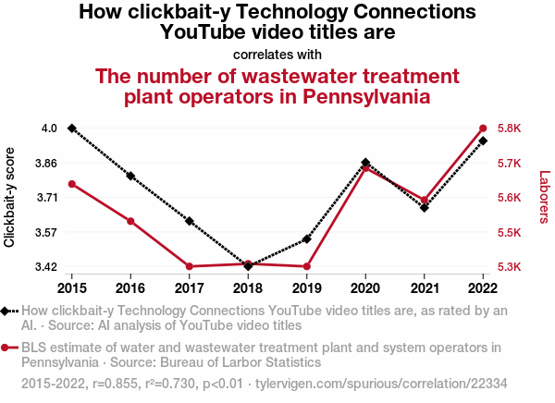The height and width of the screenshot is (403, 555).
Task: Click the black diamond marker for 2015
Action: [72, 128]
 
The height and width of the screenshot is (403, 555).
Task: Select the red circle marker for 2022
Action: [483, 128]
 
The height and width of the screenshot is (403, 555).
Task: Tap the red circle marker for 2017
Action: [190, 266]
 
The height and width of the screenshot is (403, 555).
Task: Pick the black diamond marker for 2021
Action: [425, 207]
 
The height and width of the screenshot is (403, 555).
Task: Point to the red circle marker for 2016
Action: [130, 221]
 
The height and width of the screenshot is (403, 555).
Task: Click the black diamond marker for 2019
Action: [307, 239]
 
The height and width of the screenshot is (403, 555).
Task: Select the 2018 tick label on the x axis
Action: [248, 286]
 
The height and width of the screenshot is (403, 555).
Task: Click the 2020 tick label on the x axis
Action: [365, 286]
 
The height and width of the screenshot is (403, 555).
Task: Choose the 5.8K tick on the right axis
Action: [511, 128]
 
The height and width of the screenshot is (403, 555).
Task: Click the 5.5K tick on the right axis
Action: [511, 232]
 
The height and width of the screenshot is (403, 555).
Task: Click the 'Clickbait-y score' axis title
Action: [10, 197]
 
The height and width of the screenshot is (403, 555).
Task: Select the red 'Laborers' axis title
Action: [544, 197]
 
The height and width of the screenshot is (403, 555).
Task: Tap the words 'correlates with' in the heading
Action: [277, 54]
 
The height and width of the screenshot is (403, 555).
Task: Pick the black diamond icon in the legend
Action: [6, 311]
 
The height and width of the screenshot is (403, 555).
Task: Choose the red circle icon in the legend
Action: [6, 348]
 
